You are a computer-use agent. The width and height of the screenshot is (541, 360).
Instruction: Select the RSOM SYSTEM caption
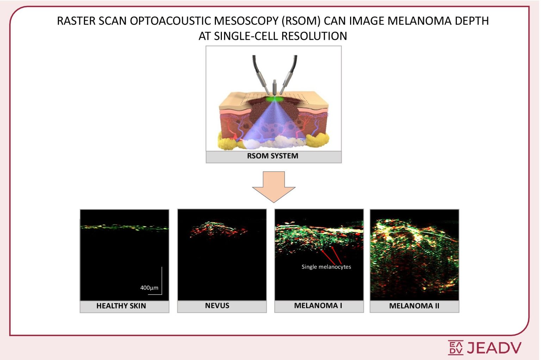point(273,156)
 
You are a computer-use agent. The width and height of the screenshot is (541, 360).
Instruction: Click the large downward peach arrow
point(274,186)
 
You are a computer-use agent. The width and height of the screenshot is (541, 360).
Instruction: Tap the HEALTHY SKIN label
point(121,306)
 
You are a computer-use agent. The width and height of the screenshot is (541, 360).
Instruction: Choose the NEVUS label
point(217,306)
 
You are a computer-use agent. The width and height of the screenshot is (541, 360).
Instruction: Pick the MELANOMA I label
point(318,306)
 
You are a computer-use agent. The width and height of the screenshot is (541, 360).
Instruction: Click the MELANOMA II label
point(414,306)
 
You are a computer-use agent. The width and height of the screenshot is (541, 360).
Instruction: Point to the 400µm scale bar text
point(149,288)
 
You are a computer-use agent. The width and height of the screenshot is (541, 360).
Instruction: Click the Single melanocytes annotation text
point(326,267)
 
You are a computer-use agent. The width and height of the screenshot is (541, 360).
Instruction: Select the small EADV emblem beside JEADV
point(455,348)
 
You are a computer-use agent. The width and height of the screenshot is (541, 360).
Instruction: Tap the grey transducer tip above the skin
point(274,88)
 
